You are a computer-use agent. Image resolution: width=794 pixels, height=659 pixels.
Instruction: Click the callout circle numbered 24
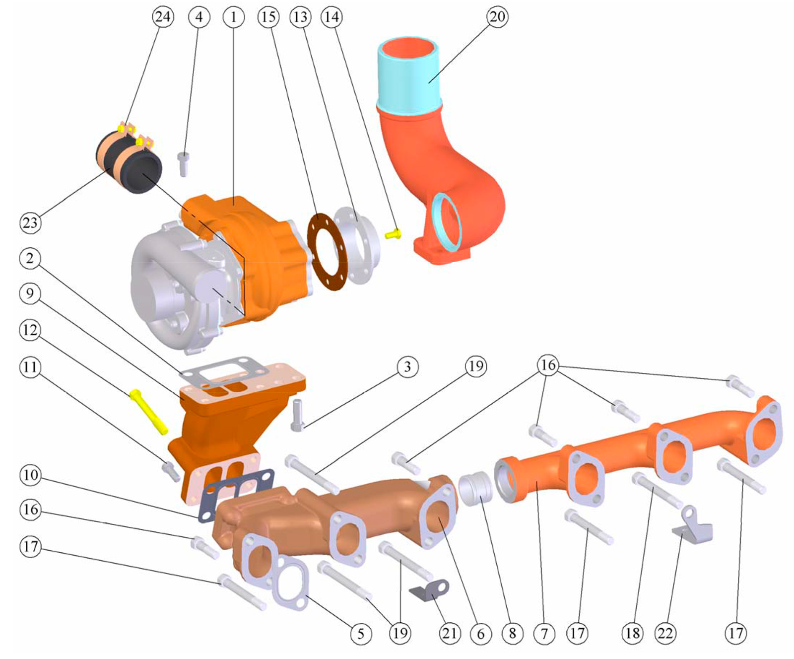[x=162, y=17]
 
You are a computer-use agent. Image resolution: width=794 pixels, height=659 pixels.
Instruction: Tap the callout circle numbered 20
[x=497, y=17]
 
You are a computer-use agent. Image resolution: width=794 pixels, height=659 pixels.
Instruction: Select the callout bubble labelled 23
[x=30, y=222]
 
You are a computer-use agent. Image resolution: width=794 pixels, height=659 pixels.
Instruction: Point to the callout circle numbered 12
[x=30, y=330]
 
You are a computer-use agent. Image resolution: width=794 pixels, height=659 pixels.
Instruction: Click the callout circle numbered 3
[x=407, y=366]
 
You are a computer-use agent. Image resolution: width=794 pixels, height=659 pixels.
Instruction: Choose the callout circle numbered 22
[x=665, y=633]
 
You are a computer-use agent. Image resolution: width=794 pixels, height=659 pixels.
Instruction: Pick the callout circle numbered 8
[x=512, y=633]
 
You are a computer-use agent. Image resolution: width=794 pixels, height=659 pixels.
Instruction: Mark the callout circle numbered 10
[x=30, y=475]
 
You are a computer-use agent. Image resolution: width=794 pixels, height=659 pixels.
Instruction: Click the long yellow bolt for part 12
[x=148, y=412]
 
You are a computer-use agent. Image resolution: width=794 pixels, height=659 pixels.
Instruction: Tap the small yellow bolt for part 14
[x=393, y=233]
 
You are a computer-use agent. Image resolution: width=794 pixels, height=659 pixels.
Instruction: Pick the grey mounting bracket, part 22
[x=693, y=526]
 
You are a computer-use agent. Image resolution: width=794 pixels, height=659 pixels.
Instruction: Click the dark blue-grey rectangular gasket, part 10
[x=237, y=495]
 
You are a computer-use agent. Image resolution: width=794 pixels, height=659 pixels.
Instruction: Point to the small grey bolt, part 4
[x=184, y=164]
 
